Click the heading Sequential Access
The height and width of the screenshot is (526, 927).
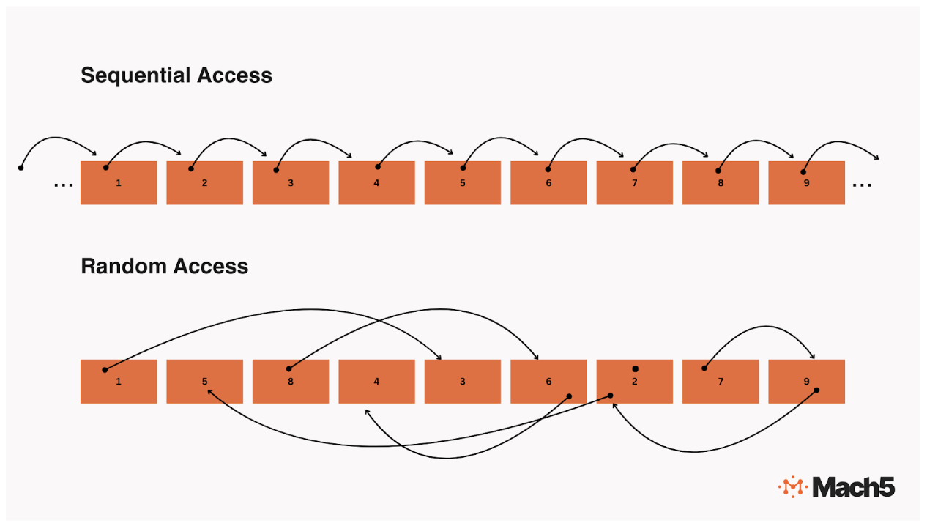pyautogui.click(x=176, y=75)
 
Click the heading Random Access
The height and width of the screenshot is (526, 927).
pyautogui.click(x=164, y=266)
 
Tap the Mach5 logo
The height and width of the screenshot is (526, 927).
pyautogui.click(x=836, y=487)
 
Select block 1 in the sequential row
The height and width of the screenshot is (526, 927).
pyautogui.click(x=119, y=183)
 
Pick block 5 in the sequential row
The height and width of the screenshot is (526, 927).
pyautogui.click(x=463, y=183)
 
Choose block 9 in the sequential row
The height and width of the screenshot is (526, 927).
pyautogui.click(x=806, y=183)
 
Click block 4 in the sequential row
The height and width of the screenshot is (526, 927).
pyautogui.click(x=376, y=183)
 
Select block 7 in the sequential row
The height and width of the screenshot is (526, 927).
pyautogui.click(x=634, y=183)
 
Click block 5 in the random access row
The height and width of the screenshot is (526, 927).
pyautogui.click(x=204, y=382)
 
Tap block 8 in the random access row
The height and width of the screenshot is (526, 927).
pyautogui.click(x=291, y=382)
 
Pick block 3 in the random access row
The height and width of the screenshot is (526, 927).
pyautogui.click(x=463, y=382)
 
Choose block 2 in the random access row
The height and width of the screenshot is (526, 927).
pyautogui.click(x=634, y=382)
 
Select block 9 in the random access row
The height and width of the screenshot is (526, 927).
pyautogui.click(x=806, y=382)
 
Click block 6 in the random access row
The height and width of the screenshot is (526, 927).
pyautogui.click(x=548, y=382)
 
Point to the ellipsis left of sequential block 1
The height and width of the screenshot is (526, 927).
pyautogui.click(x=63, y=185)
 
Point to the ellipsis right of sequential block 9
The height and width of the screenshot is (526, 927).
pyautogui.click(x=862, y=185)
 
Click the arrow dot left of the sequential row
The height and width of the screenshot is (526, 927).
pyautogui.click(x=21, y=168)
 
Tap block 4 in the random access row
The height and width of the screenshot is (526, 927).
pyautogui.click(x=376, y=382)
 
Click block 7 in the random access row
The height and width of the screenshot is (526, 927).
pyautogui.click(x=721, y=382)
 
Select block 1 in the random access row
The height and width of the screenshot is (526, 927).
pyautogui.click(x=119, y=382)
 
